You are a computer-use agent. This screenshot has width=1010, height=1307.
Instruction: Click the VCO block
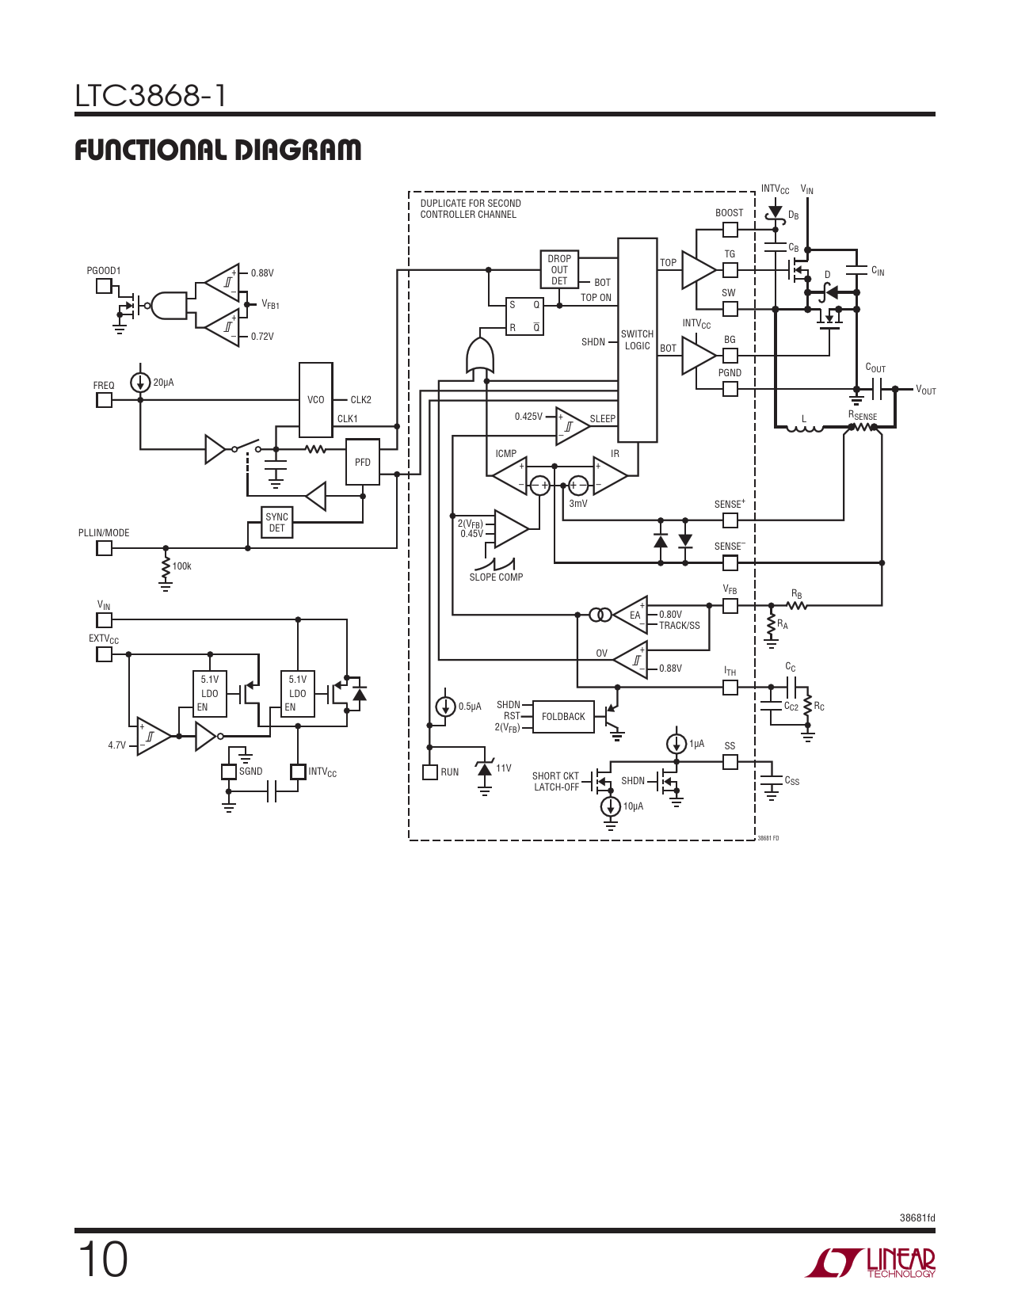316,399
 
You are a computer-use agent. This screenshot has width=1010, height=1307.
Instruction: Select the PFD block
362,462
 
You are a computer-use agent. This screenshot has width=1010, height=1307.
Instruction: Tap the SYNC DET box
276,522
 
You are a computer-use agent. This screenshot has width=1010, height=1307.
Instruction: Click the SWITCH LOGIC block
637,340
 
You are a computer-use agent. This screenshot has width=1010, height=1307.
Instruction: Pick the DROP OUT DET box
559,269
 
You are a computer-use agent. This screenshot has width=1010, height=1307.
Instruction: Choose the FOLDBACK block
564,716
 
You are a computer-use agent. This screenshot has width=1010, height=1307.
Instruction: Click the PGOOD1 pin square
104,286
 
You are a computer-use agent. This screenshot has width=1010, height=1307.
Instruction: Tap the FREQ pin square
104,399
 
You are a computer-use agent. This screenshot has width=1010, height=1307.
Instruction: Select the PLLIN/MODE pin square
104,548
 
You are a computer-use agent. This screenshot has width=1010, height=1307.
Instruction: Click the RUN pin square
429,772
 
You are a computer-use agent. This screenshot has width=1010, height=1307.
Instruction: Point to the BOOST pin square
730,229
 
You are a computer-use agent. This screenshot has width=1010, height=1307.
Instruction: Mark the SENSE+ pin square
730,520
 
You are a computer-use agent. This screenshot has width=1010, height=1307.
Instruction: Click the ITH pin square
730,687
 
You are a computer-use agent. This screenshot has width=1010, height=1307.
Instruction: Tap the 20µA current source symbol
140,382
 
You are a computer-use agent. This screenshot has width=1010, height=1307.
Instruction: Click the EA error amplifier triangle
631,615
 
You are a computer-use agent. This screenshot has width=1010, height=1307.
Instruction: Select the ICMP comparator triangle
509,475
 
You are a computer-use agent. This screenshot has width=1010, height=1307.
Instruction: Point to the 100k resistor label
181,566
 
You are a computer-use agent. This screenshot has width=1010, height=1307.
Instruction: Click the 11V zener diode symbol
484,768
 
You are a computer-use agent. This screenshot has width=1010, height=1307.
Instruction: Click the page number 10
102,1260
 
